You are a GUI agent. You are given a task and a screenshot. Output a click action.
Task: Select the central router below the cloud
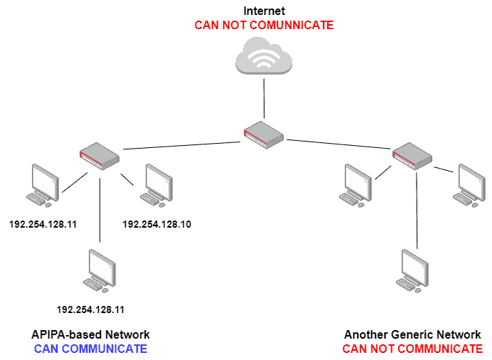(264, 134)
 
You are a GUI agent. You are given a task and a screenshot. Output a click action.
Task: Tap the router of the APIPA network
(99, 154)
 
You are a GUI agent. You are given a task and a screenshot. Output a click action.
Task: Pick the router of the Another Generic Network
(412, 156)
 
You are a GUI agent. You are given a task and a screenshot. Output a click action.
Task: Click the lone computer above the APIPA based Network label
(100, 271)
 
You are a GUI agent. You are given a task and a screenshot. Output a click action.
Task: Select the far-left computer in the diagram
(43, 186)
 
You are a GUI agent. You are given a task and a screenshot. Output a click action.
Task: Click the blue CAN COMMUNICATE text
(90, 349)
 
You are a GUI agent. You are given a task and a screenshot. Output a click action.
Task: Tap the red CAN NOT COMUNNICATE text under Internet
(264, 25)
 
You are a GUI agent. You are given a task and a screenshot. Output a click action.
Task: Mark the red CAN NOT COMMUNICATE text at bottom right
(412, 349)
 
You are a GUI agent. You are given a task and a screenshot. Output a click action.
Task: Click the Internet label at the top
(264, 11)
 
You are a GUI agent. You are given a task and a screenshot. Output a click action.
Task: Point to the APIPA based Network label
(90, 334)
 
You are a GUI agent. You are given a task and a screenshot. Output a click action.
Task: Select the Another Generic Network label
(412, 334)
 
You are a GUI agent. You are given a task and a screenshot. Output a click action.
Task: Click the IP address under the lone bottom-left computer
(90, 309)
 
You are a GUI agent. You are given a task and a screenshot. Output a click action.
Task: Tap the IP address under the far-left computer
(41, 224)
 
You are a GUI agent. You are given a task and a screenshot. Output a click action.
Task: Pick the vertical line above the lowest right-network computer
(417, 229)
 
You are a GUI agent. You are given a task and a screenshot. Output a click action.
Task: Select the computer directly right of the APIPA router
(156, 185)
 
